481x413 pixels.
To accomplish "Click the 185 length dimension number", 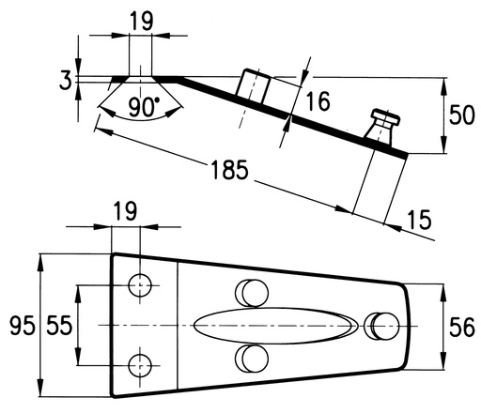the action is pyautogui.click(x=230, y=170).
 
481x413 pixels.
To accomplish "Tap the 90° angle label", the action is pyautogui.click(x=144, y=107).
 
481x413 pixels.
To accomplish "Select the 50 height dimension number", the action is pyautogui.click(x=462, y=115).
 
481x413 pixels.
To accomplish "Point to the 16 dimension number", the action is pyautogui.click(x=318, y=101).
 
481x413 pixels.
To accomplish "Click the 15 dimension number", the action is pyautogui.click(x=420, y=220).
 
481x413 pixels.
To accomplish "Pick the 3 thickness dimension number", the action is pyautogui.click(x=66, y=80).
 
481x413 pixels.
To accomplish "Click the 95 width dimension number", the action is pyautogui.click(x=22, y=326).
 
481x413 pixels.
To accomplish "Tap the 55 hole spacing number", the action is pyautogui.click(x=59, y=326).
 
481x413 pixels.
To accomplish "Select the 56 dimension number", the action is pyautogui.click(x=462, y=328).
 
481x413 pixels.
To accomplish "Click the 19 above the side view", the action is pyautogui.click(x=142, y=22).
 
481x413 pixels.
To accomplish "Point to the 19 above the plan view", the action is pyautogui.click(x=125, y=211).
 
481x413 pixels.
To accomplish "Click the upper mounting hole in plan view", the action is pyautogui.click(x=140, y=285).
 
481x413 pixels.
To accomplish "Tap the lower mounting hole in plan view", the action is pyautogui.click(x=140, y=365).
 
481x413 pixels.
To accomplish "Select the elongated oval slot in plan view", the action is pyautogui.click(x=275, y=326).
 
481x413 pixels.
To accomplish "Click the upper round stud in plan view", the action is pyautogui.click(x=252, y=293).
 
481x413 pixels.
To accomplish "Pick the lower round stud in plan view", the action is pyautogui.click(x=252, y=359).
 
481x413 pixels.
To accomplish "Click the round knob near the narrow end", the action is pyautogui.click(x=381, y=326).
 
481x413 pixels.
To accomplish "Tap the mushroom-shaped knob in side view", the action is pyautogui.click(x=383, y=126).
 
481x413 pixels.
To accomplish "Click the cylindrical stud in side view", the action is pyautogui.click(x=253, y=86).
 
